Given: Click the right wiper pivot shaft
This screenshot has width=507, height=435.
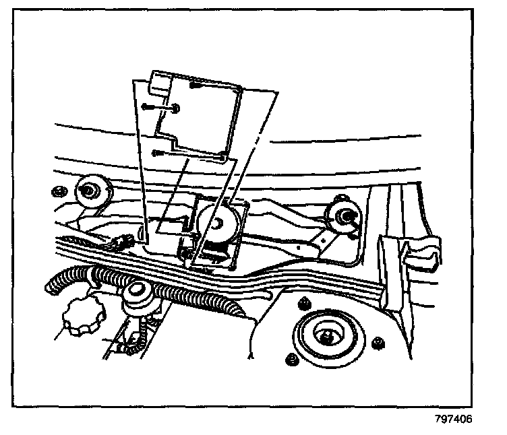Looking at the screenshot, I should coord(346,215).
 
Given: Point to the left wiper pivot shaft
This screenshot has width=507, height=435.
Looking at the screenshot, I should coord(88,191).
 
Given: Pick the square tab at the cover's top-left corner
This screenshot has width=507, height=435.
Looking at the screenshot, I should coord(160,83).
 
